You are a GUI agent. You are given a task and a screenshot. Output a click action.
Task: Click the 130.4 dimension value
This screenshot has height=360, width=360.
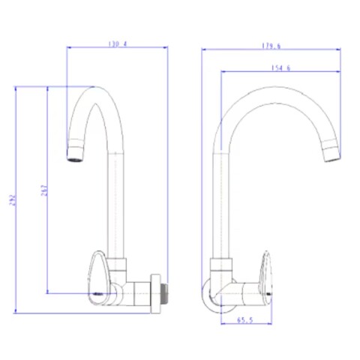coord(117,43)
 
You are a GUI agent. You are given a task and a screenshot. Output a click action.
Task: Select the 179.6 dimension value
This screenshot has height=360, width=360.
coord(271,46)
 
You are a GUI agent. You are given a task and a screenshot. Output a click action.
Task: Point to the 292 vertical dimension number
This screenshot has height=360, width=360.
coord(10,200)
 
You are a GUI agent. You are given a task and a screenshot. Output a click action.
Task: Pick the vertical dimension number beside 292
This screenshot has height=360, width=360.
coord(42,190)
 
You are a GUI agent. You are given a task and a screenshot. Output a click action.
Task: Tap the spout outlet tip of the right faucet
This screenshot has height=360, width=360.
coord(330,155)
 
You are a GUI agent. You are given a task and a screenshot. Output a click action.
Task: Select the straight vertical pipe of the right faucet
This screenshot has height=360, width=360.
coord(218,202)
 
